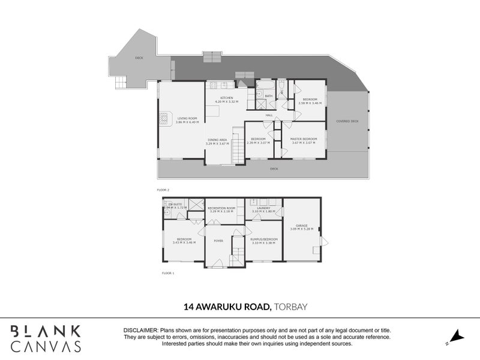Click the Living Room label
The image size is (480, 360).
pos(187,118)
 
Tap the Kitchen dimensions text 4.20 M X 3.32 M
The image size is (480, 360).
pos(226,103)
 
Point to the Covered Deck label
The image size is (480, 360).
pos(347,121)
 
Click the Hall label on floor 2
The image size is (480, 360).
pos(269,115)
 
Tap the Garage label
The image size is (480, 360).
pos(302,225)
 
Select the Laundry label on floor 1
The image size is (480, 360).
pos(264,208)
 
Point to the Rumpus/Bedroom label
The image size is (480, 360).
pos(263,239)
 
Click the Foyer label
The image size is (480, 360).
pos(218,241)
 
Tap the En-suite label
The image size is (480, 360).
pos(175,205)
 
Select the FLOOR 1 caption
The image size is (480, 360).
pos(168,273)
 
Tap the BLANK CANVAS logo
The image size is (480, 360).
pos(46,338)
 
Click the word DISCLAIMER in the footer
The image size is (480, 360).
pos(140,331)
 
